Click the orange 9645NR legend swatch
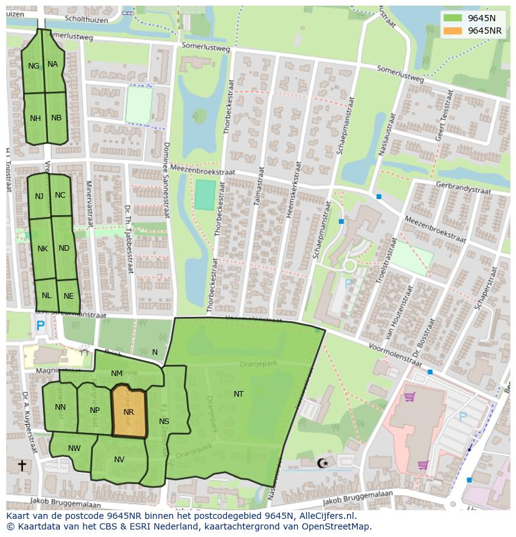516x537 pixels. [453, 31]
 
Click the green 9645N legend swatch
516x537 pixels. [453, 18]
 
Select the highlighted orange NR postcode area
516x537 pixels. [129, 412]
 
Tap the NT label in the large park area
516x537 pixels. [239, 394]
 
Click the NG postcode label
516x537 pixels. [34, 65]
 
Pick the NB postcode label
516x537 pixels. [56, 118]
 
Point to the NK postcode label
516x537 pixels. [42, 249]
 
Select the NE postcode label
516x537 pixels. [69, 296]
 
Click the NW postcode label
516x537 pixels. [74, 448]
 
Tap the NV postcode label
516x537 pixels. [120, 460]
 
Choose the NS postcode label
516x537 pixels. [164, 422]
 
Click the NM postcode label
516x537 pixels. [117, 374]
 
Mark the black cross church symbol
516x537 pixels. [22, 465]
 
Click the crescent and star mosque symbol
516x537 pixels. [322, 463]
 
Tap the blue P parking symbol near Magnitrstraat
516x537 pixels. [41, 326]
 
